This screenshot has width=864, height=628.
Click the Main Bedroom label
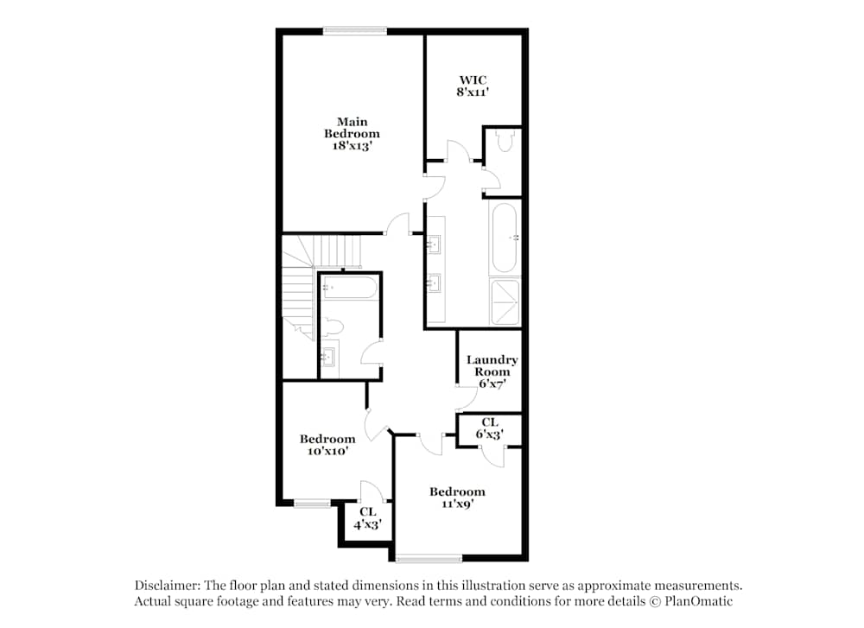(352, 134)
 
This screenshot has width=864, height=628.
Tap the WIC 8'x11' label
(473, 86)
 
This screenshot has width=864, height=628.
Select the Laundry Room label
(492, 365)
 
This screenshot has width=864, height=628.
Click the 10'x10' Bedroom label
(327, 444)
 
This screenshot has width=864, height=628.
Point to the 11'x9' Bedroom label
(457, 498)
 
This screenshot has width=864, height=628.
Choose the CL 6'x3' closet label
(490, 428)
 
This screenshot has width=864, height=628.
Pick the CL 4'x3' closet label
(367, 517)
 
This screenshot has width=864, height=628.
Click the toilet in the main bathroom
(505, 143)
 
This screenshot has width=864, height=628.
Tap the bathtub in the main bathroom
(505, 238)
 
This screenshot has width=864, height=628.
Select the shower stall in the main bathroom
(505, 301)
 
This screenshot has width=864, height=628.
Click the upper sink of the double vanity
(435, 244)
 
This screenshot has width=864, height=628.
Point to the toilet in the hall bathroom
(334, 327)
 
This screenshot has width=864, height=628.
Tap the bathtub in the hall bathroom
(350, 288)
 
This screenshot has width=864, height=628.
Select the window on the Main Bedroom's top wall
(355, 32)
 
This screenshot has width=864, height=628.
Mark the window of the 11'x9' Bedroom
(429, 557)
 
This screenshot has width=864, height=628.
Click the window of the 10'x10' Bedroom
(311, 503)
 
